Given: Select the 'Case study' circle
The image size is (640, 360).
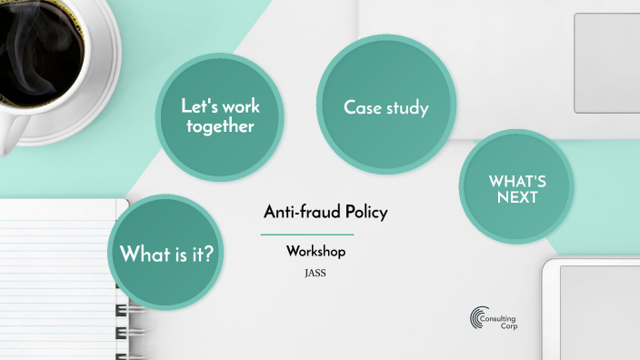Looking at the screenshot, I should [385, 107].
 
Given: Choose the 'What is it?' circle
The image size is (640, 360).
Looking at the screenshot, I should [167, 253].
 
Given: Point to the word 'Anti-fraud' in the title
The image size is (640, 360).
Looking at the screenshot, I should [294, 212].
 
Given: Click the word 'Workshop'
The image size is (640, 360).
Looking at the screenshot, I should [315, 251].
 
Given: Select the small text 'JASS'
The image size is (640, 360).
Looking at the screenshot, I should [315, 270].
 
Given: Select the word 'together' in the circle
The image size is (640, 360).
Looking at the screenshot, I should [219, 126].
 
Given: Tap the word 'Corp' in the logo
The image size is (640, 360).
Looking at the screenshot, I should [507, 325].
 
